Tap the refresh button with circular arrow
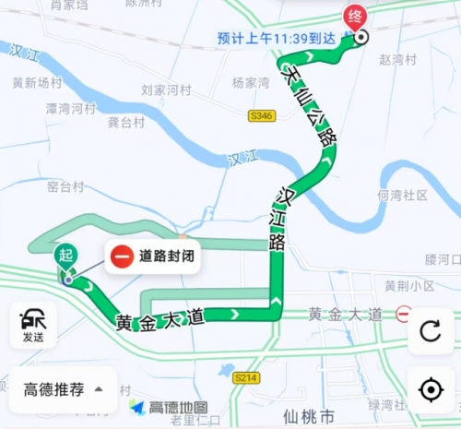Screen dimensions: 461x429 (x=431, y=331)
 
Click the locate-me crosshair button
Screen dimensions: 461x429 (x=431, y=388)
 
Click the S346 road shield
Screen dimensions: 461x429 (x=261, y=116)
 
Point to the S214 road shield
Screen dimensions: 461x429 (x=245, y=377)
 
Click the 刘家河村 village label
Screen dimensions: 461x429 (x=165, y=91)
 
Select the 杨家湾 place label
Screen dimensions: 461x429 (x=251, y=83)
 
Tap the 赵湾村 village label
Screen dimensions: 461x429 (x=397, y=59)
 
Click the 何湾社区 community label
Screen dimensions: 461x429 (x=403, y=196)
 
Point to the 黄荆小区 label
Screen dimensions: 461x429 (x=409, y=284)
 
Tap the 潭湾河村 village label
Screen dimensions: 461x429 (x=71, y=109)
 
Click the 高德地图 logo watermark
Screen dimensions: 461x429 (x=169, y=407)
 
